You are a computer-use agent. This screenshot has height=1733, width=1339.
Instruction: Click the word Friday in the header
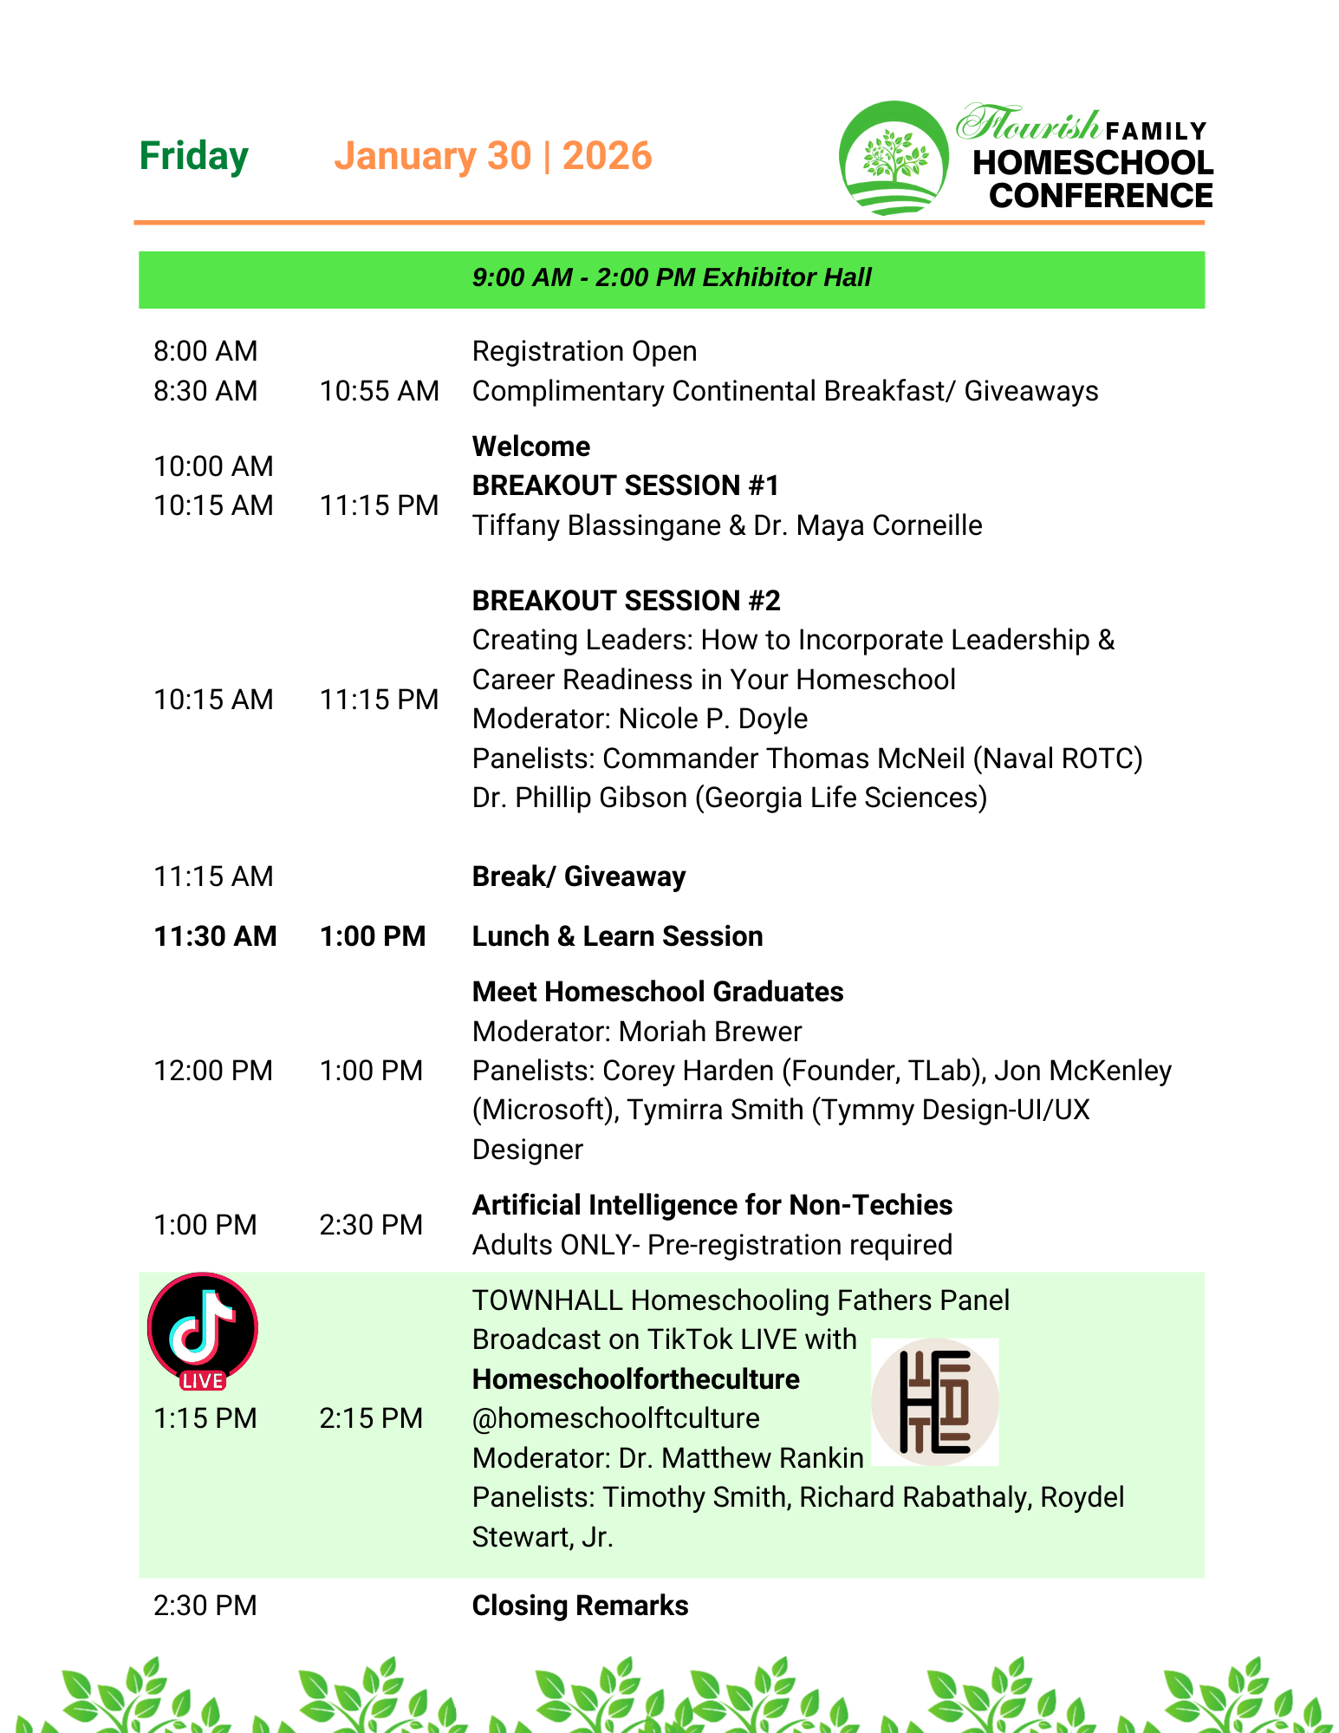pyautogui.click(x=194, y=157)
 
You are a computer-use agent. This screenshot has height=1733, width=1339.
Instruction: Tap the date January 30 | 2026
pyautogui.click(x=492, y=157)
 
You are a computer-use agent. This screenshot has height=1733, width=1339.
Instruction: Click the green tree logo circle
pyautogui.click(x=894, y=159)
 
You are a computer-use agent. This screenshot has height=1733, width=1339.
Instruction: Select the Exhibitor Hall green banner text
pyautogui.click(x=672, y=277)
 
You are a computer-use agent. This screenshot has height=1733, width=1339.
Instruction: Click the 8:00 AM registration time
pyautogui.click(x=205, y=351)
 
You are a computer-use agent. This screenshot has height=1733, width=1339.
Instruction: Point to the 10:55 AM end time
pyautogui.click(x=379, y=391)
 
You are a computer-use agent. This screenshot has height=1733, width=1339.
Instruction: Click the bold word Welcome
pyautogui.click(x=530, y=446)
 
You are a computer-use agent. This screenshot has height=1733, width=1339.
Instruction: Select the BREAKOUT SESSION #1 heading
pyautogui.click(x=625, y=485)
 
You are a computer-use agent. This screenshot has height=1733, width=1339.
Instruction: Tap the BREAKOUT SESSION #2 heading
pyautogui.click(x=626, y=601)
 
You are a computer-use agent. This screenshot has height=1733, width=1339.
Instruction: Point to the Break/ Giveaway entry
pyautogui.click(x=578, y=876)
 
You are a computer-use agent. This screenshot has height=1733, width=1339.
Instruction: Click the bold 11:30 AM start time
pyautogui.click(x=215, y=936)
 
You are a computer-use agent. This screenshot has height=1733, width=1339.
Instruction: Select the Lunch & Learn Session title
pyautogui.click(x=617, y=936)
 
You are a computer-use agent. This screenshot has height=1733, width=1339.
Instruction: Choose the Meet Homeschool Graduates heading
pyautogui.click(x=657, y=992)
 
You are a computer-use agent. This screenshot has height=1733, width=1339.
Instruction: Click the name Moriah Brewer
pyautogui.click(x=710, y=1032)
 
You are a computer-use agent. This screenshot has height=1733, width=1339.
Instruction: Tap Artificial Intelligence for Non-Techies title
pyautogui.click(x=712, y=1205)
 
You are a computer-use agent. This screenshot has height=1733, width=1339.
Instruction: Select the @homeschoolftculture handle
pyautogui.click(x=615, y=1418)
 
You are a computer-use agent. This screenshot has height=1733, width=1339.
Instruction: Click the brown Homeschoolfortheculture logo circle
pyautogui.click(x=934, y=1402)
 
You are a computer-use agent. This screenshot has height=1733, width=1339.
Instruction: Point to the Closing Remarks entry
pyautogui.click(x=580, y=1606)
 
